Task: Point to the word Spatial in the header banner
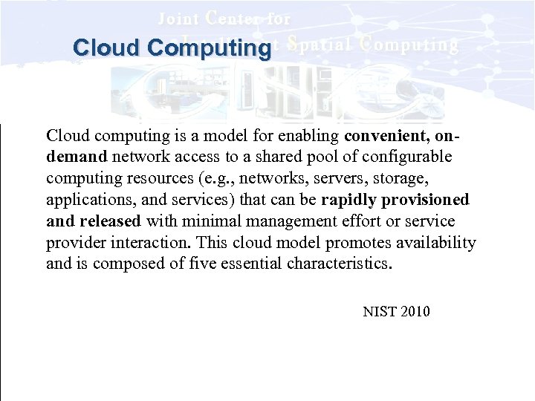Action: (x=319, y=45)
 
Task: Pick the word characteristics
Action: (x=339, y=264)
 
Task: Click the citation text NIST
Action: (x=379, y=312)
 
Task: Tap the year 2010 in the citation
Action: (x=415, y=312)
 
